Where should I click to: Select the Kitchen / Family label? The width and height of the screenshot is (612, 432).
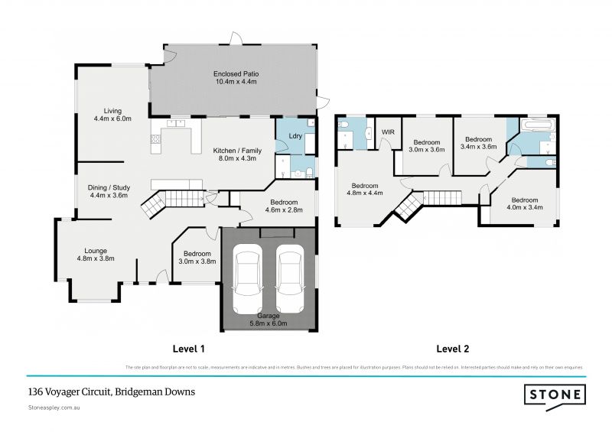pos(234,154)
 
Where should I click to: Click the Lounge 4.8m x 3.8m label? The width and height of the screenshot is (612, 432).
pos(96,255)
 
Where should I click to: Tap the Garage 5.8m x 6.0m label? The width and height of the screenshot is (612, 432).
pos(268,319)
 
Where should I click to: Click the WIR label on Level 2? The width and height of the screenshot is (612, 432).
pos(387,131)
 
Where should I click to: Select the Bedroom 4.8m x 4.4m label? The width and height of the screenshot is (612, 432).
pos(365,190)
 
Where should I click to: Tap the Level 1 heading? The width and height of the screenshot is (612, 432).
pos(189,349)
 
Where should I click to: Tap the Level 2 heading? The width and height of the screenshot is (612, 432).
pos(453,349)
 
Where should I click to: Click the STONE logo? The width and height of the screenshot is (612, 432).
pos(555,395)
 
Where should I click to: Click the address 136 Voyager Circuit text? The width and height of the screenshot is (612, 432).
pos(111,391)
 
